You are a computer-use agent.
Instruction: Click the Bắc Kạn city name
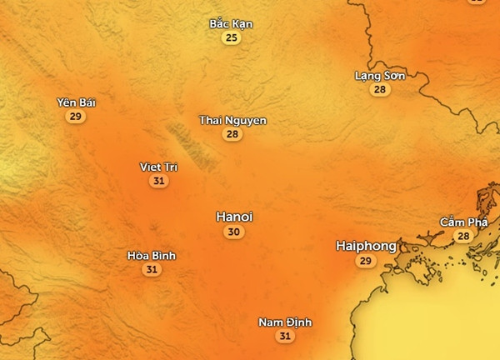tap(231, 24)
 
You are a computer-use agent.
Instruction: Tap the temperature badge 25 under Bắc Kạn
tap(231, 38)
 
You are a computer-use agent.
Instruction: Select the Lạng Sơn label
tap(380, 76)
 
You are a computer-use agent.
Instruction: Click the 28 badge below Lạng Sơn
tap(380, 90)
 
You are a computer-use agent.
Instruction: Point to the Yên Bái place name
tap(77, 102)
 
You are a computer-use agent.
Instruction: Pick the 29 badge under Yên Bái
tap(76, 117)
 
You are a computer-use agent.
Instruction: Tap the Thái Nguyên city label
tap(232, 121)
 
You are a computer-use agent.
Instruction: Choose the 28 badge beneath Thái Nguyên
tap(232, 134)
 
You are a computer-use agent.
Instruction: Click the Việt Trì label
tap(158, 167)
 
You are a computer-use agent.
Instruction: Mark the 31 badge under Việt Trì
tap(158, 181)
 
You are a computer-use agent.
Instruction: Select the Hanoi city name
tap(234, 217)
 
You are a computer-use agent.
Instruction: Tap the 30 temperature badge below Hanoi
tap(234, 232)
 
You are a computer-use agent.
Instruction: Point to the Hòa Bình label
tap(152, 256)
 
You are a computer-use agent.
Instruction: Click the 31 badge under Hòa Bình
tap(152, 269)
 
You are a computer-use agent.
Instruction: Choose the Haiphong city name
tap(366, 246)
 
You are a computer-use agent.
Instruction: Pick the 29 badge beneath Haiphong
tap(365, 262)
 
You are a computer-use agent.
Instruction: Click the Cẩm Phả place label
tap(463, 222)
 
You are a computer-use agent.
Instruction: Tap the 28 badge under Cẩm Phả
tap(463, 237)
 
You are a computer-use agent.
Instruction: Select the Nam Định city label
tap(286, 322)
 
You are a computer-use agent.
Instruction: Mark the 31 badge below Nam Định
tap(286, 337)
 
